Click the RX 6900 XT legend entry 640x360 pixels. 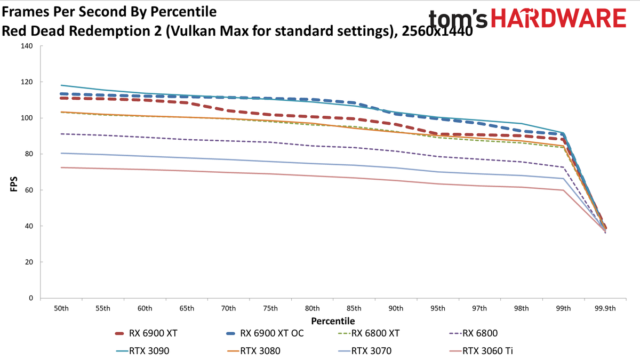146,333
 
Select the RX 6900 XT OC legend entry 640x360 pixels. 265,333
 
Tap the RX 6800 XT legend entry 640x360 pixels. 369,333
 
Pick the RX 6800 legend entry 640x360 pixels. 474,333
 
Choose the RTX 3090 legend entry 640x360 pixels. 142,350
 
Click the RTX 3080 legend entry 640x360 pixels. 254,350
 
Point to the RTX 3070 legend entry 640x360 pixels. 365,350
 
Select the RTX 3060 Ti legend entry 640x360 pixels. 481,350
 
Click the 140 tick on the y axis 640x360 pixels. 27,46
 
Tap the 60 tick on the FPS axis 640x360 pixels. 29,190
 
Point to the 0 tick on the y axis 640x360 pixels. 31,298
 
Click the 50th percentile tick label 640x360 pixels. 61,308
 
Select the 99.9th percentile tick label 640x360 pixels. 605,308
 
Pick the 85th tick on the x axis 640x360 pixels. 354,308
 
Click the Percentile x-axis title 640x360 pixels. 333,321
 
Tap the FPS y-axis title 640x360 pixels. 14,184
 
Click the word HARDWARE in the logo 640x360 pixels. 558,18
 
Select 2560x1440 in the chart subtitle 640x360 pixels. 437,31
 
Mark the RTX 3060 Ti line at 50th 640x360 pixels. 61,167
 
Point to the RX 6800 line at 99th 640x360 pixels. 563,167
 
